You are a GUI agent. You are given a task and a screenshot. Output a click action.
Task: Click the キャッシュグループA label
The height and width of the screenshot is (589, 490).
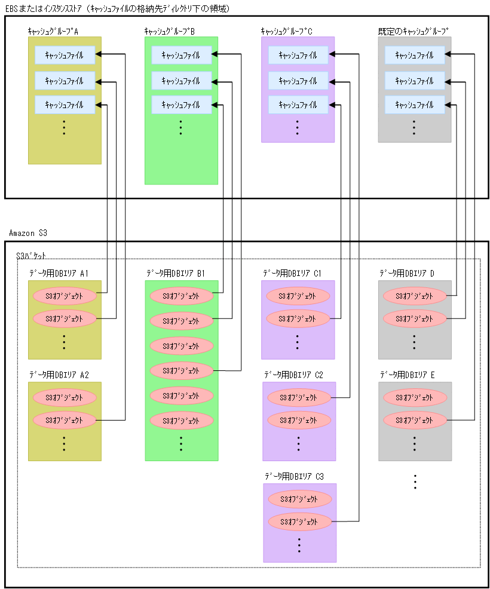pyautogui.click(x=53, y=30)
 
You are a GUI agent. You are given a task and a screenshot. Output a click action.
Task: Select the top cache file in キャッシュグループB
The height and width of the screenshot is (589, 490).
pyautogui.click(x=181, y=56)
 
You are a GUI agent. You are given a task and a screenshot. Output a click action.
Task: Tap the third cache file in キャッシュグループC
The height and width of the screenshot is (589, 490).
pyautogui.click(x=298, y=105)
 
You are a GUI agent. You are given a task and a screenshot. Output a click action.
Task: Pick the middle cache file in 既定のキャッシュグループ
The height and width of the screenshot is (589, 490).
pyautogui.click(x=414, y=81)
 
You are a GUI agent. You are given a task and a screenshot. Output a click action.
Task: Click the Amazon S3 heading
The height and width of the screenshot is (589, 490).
pyautogui.click(x=29, y=232)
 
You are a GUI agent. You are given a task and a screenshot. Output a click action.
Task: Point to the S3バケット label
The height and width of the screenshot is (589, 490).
pyautogui.click(x=31, y=256)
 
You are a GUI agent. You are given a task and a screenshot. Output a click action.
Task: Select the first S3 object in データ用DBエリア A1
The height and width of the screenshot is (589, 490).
pyautogui.click(x=65, y=296)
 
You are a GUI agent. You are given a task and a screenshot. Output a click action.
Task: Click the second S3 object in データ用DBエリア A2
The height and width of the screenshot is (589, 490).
pyautogui.click(x=65, y=420)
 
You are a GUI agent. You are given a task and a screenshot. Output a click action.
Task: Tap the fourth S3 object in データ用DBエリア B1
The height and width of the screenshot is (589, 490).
pyautogui.click(x=181, y=370)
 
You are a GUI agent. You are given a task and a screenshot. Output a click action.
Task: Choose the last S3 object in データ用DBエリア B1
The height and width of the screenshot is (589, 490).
pyautogui.click(x=181, y=420)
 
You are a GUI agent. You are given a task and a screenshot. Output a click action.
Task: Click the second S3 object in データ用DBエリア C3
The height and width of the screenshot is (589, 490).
pyautogui.click(x=299, y=521)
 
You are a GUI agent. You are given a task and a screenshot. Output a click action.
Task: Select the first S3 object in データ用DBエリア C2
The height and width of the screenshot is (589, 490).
pyautogui.click(x=299, y=397)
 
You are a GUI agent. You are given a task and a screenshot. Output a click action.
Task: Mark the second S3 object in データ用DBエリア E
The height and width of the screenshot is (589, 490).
pyautogui.click(x=415, y=420)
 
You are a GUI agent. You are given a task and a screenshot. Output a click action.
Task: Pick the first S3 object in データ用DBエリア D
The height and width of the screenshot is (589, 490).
pyautogui.click(x=415, y=296)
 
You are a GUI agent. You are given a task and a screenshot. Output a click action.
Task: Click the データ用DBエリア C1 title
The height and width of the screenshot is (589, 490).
pyautogui.click(x=292, y=273)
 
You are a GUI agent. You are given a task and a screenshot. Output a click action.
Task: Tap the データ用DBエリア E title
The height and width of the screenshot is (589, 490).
pyautogui.click(x=407, y=375)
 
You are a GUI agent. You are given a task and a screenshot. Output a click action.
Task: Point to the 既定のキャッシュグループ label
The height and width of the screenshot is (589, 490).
pyautogui.click(x=413, y=30)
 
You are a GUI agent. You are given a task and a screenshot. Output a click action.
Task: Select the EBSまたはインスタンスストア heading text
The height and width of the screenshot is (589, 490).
pyautogui.click(x=117, y=8)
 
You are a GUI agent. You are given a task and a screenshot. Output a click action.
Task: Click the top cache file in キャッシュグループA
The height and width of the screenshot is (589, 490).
pyautogui.click(x=65, y=56)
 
